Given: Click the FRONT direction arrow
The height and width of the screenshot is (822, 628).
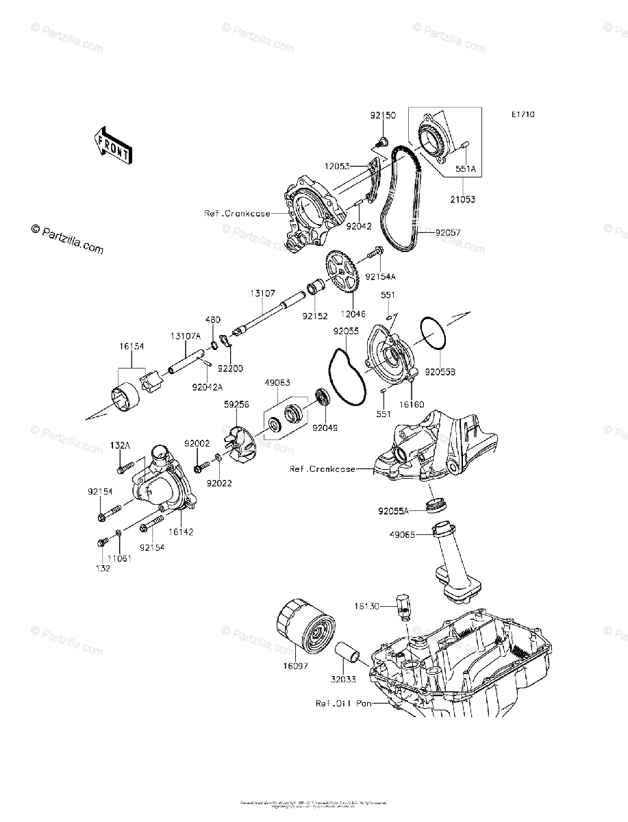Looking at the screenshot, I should point(113,145).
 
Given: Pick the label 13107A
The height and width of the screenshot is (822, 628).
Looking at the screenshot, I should point(185,336).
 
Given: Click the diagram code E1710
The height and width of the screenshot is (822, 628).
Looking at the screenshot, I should point(522,115).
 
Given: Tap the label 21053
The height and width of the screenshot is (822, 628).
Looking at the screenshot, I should point(462,199).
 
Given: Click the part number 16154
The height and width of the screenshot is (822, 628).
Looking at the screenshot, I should point(131,347).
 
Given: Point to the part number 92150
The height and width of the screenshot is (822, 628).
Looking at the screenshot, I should point(383,116).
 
